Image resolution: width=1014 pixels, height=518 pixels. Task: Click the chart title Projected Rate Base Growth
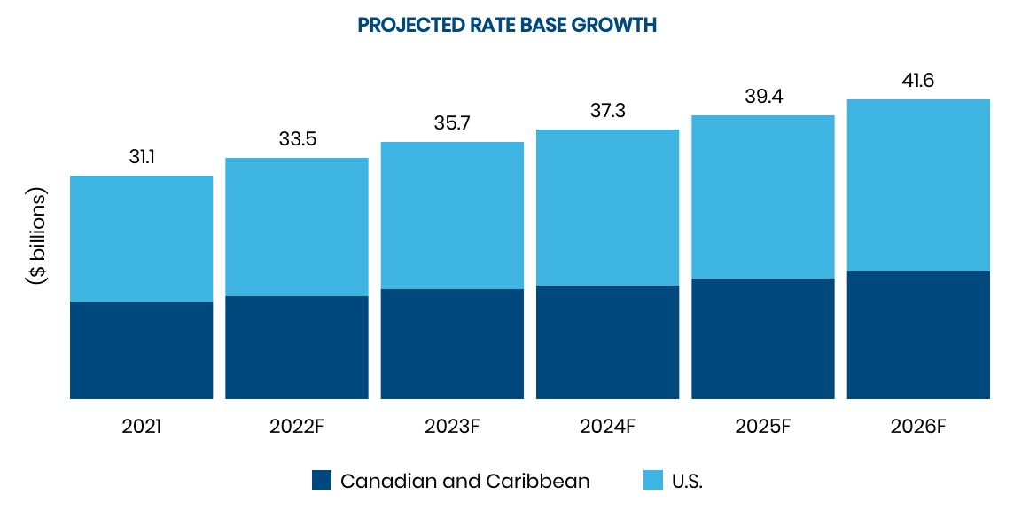507,25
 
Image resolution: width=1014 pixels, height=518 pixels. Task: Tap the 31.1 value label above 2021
141,157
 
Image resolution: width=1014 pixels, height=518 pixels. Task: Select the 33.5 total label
297,139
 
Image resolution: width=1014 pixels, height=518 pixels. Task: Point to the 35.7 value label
452,123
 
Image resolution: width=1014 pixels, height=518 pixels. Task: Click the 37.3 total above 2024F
607,111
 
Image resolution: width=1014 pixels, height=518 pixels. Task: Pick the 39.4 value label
763,97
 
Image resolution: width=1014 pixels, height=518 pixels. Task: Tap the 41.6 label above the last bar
918,81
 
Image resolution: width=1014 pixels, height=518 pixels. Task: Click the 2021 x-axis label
141,426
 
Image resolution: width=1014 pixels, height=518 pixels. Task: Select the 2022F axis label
297,426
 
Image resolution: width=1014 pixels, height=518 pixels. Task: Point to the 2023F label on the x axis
452,426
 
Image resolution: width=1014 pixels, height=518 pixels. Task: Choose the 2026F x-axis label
918,426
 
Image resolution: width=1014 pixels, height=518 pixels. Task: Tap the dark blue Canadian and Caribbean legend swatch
322,481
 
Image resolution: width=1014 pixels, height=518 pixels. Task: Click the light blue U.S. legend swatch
652,481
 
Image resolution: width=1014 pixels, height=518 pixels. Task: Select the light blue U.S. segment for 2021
141,239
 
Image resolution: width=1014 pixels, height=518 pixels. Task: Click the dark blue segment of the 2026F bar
918,335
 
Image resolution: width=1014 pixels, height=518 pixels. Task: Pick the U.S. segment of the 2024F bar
607,208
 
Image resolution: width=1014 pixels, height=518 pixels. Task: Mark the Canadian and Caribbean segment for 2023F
452,344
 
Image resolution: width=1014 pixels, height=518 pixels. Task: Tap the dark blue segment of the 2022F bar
297,348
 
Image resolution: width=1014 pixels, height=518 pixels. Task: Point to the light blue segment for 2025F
763,197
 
